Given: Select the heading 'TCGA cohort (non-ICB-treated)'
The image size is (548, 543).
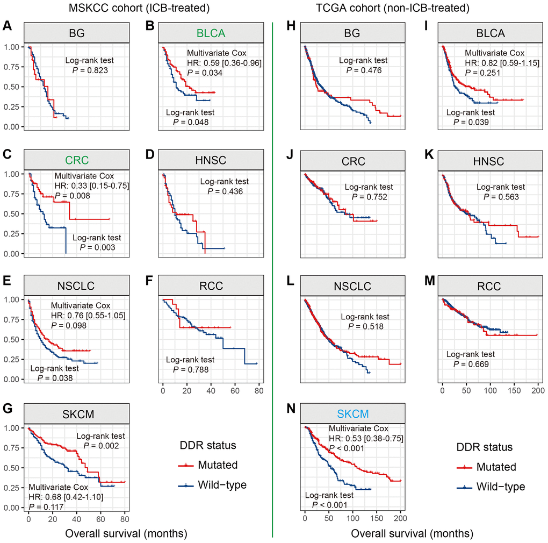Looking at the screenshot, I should click(409, 8).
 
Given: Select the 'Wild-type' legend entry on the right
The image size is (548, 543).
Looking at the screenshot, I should click(501, 487).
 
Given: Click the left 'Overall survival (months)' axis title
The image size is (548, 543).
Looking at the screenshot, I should click(126, 534).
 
